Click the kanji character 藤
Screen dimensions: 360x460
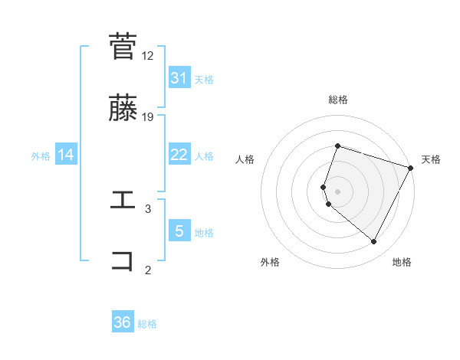tap(123, 108)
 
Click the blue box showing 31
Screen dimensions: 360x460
tap(179, 77)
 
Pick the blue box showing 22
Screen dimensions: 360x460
tap(179, 155)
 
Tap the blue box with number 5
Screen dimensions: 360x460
tap(179, 231)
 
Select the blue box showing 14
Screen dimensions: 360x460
tap(66, 155)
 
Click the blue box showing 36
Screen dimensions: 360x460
tap(123, 322)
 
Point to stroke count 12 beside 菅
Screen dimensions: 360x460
tap(148, 55)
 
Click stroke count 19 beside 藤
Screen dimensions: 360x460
tap(148, 117)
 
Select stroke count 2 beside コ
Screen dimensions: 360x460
tap(148, 270)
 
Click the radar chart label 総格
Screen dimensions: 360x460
tap(338, 100)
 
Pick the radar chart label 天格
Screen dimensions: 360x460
tap(431, 159)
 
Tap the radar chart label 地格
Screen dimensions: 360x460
tap(402, 262)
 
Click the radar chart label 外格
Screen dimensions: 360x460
tap(270, 262)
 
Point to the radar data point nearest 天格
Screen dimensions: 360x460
tap(412, 168)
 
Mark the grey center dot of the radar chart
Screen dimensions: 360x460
tap(338, 191)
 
